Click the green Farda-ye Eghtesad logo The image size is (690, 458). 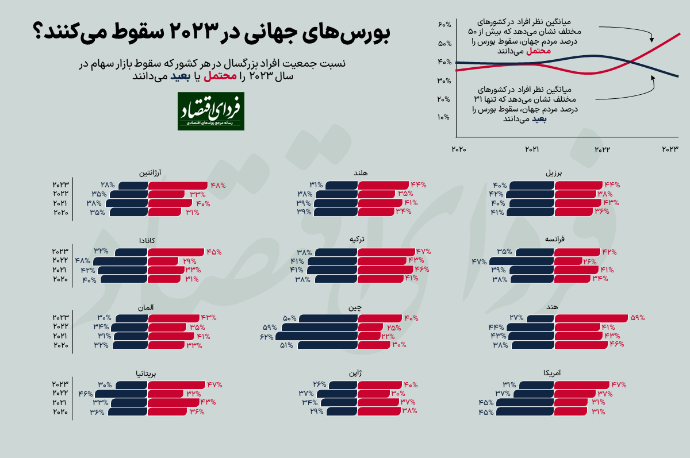click(x=210, y=111)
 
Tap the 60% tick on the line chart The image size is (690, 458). click(x=443, y=25)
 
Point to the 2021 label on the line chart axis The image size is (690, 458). click(x=532, y=149)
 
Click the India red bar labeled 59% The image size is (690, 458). click(x=591, y=318)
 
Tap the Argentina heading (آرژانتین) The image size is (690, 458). click(x=149, y=172)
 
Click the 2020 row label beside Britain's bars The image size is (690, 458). click(x=60, y=412)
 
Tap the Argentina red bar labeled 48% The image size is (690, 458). click(x=178, y=185)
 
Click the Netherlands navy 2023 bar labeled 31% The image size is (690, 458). click(x=342, y=185)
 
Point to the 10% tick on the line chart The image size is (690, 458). click(x=443, y=118)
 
